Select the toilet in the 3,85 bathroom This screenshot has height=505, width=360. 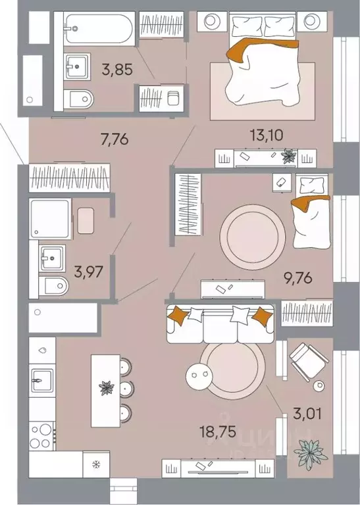pos(81,99)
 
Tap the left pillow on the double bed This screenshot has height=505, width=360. pos(247,26)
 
